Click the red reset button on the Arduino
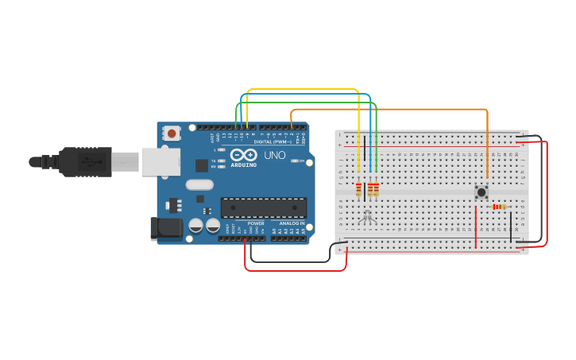point(172,134)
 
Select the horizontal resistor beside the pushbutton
point(499,207)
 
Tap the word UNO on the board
point(274,155)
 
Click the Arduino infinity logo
point(244,154)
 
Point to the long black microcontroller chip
point(263,207)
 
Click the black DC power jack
point(165,228)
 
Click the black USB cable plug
point(83,161)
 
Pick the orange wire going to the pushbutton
point(397,109)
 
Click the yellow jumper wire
point(302,90)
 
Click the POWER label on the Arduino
point(256,223)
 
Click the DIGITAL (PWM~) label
point(274,141)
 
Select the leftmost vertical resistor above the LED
point(359,189)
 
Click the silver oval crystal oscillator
point(200,184)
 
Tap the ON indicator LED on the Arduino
point(295,161)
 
